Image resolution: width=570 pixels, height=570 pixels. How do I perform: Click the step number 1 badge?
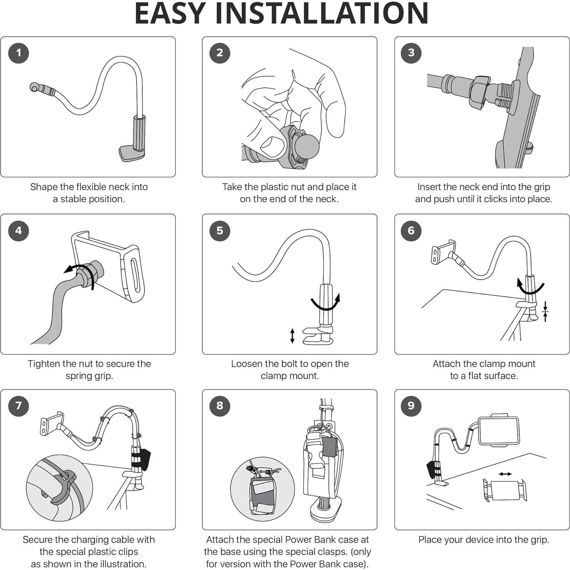pyautogui.click(x=19, y=53)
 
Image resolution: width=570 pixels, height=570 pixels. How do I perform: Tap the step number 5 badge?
pyautogui.click(x=220, y=230)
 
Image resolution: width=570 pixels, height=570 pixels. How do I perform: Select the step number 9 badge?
pyautogui.click(x=411, y=406)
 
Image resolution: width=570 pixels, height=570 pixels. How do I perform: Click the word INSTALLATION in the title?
pyautogui.click(x=322, y=13)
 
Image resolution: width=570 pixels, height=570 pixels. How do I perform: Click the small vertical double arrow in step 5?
pyautogui.click(x=292, y=336)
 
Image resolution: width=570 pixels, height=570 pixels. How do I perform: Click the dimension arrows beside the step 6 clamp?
pyautogui.click(x=545, y=311)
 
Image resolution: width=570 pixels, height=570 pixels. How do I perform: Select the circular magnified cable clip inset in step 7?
pyautogui.click(x=59, y=487)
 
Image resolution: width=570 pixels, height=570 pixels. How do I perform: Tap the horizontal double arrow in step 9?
pyautogui.click(x=505, y=474)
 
